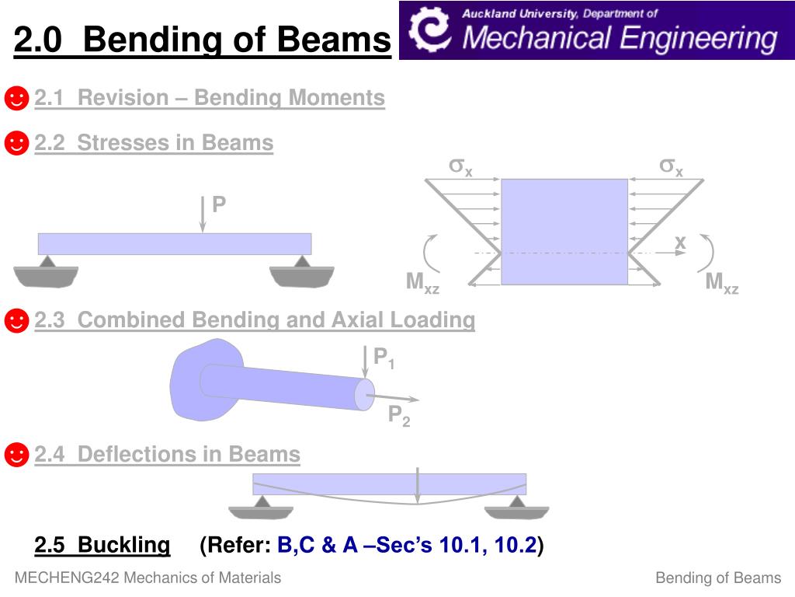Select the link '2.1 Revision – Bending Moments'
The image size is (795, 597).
[210, 98]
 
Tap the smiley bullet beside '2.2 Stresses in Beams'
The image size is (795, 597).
[16, 143]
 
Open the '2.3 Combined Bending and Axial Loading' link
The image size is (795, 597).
[255, 319]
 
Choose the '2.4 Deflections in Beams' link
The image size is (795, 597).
[167, 454]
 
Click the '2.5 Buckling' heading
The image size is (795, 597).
[102, 546]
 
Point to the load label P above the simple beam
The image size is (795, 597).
[219, 204]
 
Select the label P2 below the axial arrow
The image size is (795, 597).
[399, 417]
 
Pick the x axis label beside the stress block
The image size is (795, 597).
[680, 243]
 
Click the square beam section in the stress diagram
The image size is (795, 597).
[564, 232]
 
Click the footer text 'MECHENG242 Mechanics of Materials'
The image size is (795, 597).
[148, 578]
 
